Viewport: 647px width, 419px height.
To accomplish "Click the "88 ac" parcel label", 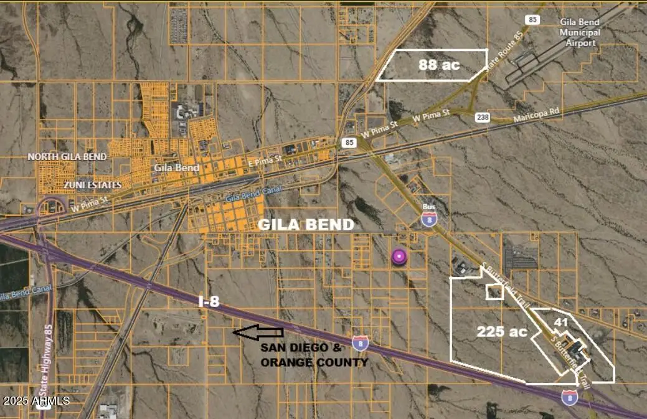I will pos(438,64).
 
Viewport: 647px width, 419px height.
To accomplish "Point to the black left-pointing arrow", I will pos(258,333).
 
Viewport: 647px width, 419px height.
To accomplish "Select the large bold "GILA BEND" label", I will pos(307,225).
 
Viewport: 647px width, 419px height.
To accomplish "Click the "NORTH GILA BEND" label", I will pos(67,156).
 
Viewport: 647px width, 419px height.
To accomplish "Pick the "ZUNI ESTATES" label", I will pos(92,185).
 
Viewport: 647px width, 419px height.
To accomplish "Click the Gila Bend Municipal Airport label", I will pos(580,32).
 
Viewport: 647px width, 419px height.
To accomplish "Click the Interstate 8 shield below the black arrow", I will pos(360,342).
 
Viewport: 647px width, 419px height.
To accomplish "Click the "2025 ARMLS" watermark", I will pos(35,400).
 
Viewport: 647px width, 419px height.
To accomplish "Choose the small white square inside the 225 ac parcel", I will pos(494,292).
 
